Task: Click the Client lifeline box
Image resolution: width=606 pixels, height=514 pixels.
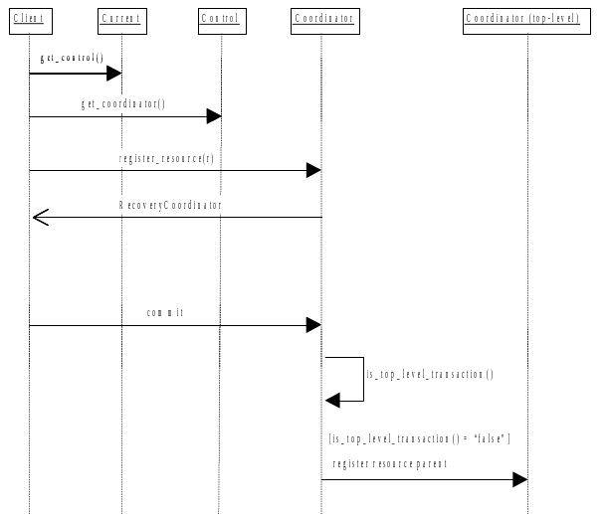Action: (29, 19)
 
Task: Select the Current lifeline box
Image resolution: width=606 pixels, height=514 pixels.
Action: (121, 19)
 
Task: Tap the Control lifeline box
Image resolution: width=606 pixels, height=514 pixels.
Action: (220, 19)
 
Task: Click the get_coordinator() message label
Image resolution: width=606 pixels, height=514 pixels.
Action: (123, 103)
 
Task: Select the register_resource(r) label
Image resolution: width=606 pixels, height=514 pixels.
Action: (166, 158)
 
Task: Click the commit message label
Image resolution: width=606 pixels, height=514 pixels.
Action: (165, 312)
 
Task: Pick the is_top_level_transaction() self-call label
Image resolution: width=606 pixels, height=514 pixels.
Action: (430, 374)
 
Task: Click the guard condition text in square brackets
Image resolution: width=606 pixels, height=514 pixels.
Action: (419, 438)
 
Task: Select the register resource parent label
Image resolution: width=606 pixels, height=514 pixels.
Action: (390, 463)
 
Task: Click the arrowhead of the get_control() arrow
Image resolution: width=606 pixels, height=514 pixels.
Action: (113, 73)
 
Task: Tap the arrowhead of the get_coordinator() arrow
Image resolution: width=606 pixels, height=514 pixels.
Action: (213, 116)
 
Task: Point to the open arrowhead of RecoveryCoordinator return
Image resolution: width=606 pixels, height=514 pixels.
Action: (40, 217)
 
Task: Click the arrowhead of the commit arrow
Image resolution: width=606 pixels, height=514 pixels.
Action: (312, 325)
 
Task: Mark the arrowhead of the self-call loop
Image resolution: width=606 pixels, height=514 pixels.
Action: (332, 400)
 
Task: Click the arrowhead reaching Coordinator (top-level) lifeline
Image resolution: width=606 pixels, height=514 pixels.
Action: (518, 480)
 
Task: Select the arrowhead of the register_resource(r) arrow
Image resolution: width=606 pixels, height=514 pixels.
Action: (312, 170)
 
